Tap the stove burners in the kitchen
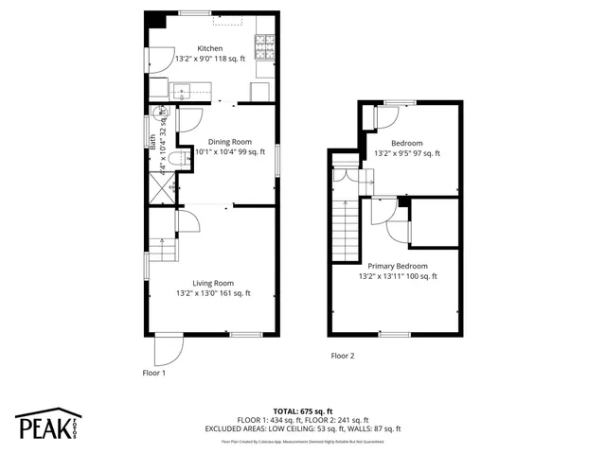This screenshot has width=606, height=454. [266, 44]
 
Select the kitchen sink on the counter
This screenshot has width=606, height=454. [181, 91]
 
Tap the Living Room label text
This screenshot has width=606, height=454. [213, 283]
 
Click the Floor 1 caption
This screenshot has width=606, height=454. [152, 373]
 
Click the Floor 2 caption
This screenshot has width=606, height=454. [342, 357]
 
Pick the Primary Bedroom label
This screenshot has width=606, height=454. [398, 267]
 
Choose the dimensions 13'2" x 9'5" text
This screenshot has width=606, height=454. [407, 153]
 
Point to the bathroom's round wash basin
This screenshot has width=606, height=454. [162, 110]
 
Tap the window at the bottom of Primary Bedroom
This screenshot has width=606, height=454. [395, 334]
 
